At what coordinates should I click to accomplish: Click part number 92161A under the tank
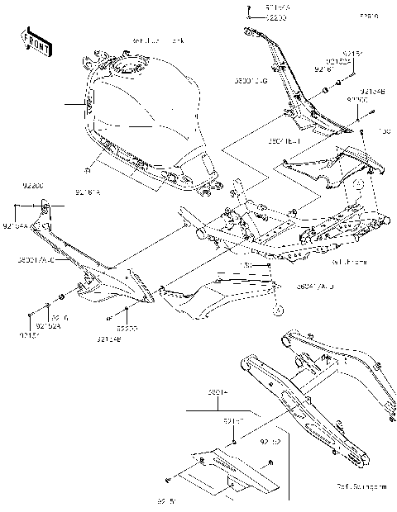click(87, 192)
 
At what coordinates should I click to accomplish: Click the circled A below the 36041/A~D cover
click(279, 310)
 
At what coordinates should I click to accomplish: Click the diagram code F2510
click(369, 15)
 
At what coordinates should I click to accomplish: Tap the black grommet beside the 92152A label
click(63, 297)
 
